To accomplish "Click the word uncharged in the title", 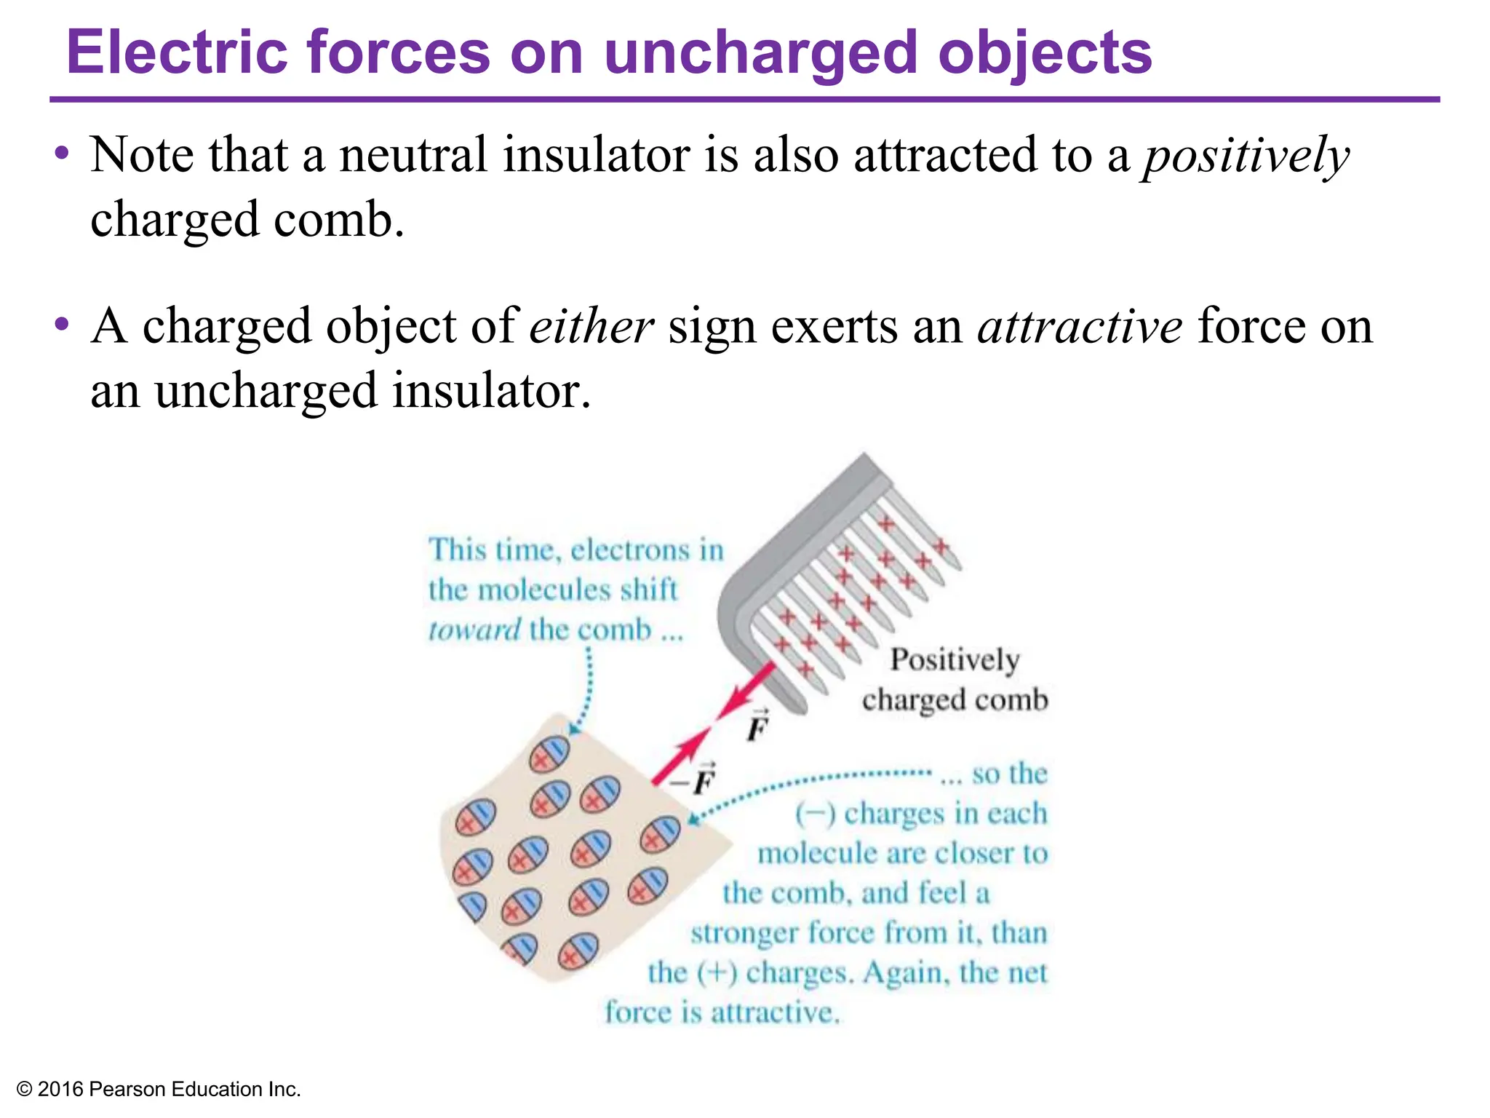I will click(760, 54).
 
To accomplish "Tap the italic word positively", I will click(1246, 156).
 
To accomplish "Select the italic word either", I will click(591, 327).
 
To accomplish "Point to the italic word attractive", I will click(1080, 327).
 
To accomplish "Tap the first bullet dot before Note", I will click(63, 154).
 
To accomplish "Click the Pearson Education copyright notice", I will click(159, 1089).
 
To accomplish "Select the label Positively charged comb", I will click(955, 679).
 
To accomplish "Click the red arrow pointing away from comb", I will click(746, 691).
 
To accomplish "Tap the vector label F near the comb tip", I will click(758, 726).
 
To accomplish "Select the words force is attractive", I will click(722, 1012).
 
